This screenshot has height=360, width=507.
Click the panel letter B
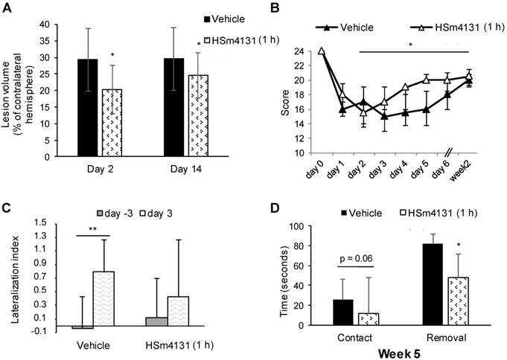click(x=274, y=9)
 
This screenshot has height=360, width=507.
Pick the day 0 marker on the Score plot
click(x=321, y=51)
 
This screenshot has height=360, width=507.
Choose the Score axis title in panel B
click(x=284, y=102)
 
